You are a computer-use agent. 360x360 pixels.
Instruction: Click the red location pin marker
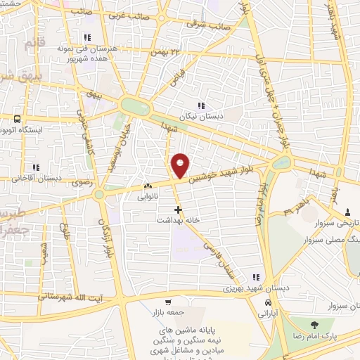click(x=181, y=165)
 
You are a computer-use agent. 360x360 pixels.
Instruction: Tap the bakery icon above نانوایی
click(x=147, y=186)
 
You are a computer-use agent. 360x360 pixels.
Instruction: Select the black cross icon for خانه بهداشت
click(x=178, y=209)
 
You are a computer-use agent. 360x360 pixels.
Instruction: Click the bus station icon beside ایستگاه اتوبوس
click(x=17, y=119)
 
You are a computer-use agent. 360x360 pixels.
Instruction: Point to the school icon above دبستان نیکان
click(x=200, y=105)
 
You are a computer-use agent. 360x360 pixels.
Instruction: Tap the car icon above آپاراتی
click(x=267, y=303)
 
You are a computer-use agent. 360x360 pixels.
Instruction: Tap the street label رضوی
click(x=78, y=181)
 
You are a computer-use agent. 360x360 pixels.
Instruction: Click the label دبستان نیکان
click(x=195, y=117)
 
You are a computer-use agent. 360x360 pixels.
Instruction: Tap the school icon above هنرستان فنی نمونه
click(x=87, y=37)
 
